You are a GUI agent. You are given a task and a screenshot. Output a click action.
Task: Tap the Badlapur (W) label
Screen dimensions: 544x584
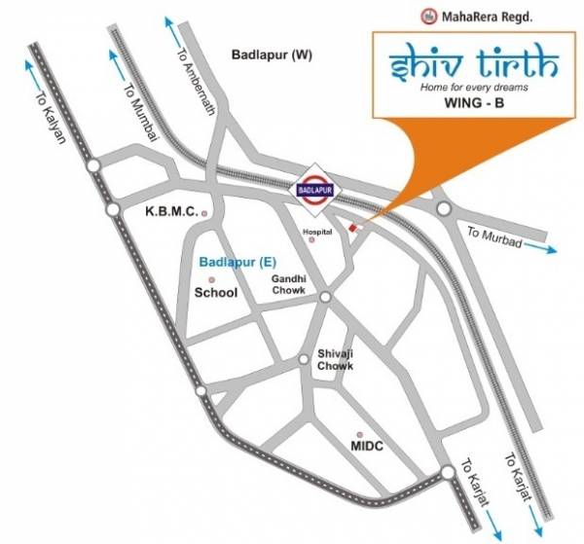[x=272, y=55]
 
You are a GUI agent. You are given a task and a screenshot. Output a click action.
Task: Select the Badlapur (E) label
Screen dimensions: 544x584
[x=232, y=262]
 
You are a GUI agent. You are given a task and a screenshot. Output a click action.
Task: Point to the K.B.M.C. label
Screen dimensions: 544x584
[x=172, y=211]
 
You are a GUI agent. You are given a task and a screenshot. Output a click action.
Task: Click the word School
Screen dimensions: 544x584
[x=216, y=291]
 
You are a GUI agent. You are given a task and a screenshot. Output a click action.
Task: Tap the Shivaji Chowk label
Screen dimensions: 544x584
[x=333, y=359]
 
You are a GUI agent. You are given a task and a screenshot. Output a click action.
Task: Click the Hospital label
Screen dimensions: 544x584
[x=317, y=233]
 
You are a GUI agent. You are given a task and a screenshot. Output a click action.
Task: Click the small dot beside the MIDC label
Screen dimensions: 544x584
[x=360, y=434]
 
